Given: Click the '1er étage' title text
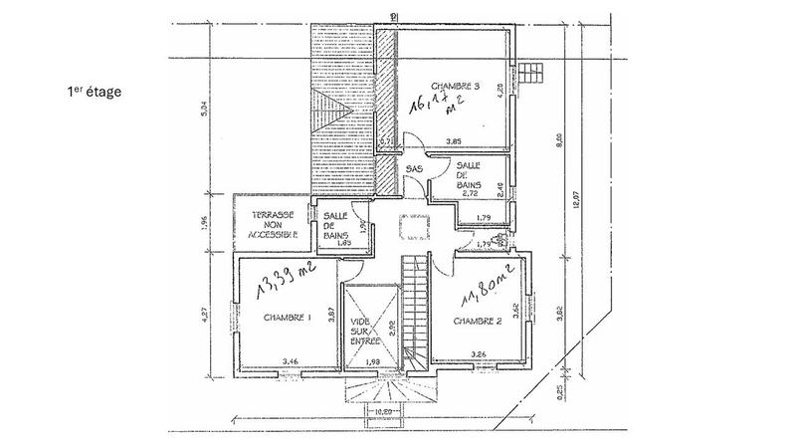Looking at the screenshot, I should (95, 92).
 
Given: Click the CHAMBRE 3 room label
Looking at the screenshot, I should (456, 88).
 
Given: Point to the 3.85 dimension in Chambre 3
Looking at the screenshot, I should (456, 142).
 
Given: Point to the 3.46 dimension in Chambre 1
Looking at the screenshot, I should (290, 360).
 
